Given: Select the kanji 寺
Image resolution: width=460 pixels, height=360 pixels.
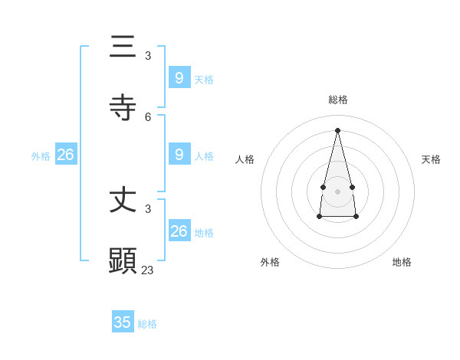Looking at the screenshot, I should (x=123, y=109).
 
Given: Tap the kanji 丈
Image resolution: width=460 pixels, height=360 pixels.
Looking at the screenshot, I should (x=123, y=201).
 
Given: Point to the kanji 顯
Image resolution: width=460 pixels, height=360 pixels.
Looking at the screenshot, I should (x=123, y=261).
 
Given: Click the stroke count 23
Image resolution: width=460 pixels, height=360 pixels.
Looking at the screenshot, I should (x=147, y=270).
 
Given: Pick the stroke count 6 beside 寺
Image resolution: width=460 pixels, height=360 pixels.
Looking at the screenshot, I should (x=148, y=116).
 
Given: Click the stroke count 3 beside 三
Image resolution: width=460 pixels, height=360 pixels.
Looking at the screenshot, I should (x=148, y=55).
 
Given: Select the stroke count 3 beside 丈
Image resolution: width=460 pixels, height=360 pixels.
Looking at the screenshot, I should (x=148, y=208).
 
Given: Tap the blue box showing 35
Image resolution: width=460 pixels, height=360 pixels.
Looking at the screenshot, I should (x=123, y=322).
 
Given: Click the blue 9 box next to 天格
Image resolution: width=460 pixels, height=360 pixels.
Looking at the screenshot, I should (x=179, y=77).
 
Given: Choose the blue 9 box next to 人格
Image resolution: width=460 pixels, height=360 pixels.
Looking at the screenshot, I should (x=179, y=154).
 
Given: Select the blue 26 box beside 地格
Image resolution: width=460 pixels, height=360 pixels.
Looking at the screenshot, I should (x=179, y=231).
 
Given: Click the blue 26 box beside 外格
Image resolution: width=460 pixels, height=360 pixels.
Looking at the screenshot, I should (x=66, y=155).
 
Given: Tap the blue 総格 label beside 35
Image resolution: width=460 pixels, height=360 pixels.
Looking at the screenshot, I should (x=147, y=324).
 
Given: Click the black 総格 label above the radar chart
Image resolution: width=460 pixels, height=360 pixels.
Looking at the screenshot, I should (x=338, y=100).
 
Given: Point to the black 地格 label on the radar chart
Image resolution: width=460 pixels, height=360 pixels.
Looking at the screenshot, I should (x=402, y=262).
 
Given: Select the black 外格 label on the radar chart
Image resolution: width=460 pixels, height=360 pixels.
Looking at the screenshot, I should (x=270, y=262).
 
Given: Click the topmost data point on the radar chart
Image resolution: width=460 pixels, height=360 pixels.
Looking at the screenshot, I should (x=337, y=129).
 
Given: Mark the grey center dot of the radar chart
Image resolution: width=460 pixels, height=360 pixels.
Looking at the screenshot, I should (x=337, y=191).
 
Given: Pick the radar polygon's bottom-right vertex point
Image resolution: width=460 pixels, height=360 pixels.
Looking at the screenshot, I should (x=356, y=217).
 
